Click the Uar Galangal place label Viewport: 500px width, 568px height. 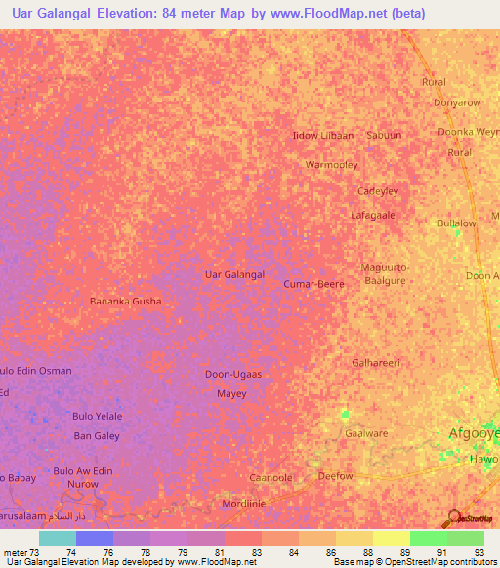tap(234, 275)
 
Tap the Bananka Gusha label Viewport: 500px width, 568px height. tap(126, 302)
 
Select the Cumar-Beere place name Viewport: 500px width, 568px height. tap(313, 284)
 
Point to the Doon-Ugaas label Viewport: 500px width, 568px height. tap(233, 375)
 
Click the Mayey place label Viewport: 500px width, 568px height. tap(231, 394)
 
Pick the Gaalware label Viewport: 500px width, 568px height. tap(366, 432)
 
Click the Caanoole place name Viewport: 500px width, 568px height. tap(271, 478)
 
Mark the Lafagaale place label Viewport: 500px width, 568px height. tap(374, 215)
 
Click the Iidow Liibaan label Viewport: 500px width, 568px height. tap(323, 135)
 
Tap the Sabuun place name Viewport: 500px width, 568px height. tap(384, 135)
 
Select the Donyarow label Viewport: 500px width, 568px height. tap(457, 102)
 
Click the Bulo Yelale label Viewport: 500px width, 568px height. tap(97, 416)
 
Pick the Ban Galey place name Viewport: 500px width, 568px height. tap(97, 436)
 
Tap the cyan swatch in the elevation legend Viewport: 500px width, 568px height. tap(58, 538)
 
